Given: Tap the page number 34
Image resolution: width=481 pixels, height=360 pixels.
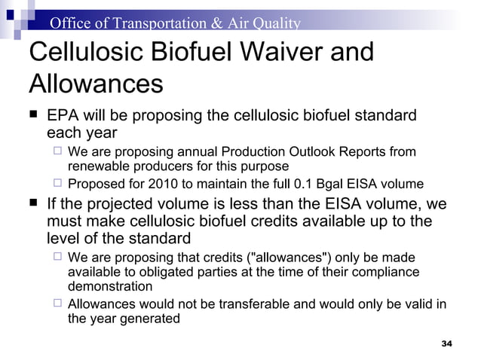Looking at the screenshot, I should (x=446, y=344).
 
